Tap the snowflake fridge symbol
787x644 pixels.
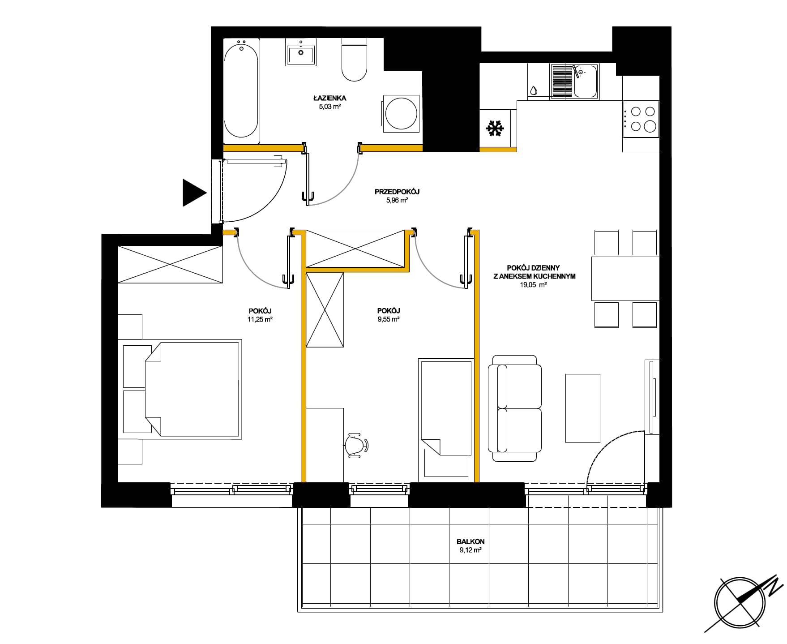(494, 129)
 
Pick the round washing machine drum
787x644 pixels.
(402, 114)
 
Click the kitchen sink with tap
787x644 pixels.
(574, 81)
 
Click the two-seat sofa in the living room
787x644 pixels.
(514, 408)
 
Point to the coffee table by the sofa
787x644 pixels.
(582, 408)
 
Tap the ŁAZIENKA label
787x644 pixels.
(330, 98)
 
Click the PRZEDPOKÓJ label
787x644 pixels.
(397, 192)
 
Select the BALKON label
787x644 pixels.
(471, 541)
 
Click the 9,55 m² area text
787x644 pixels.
(389, 319)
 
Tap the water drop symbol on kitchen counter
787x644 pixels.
(534, 90)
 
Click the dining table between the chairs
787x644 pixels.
(625, 278)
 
